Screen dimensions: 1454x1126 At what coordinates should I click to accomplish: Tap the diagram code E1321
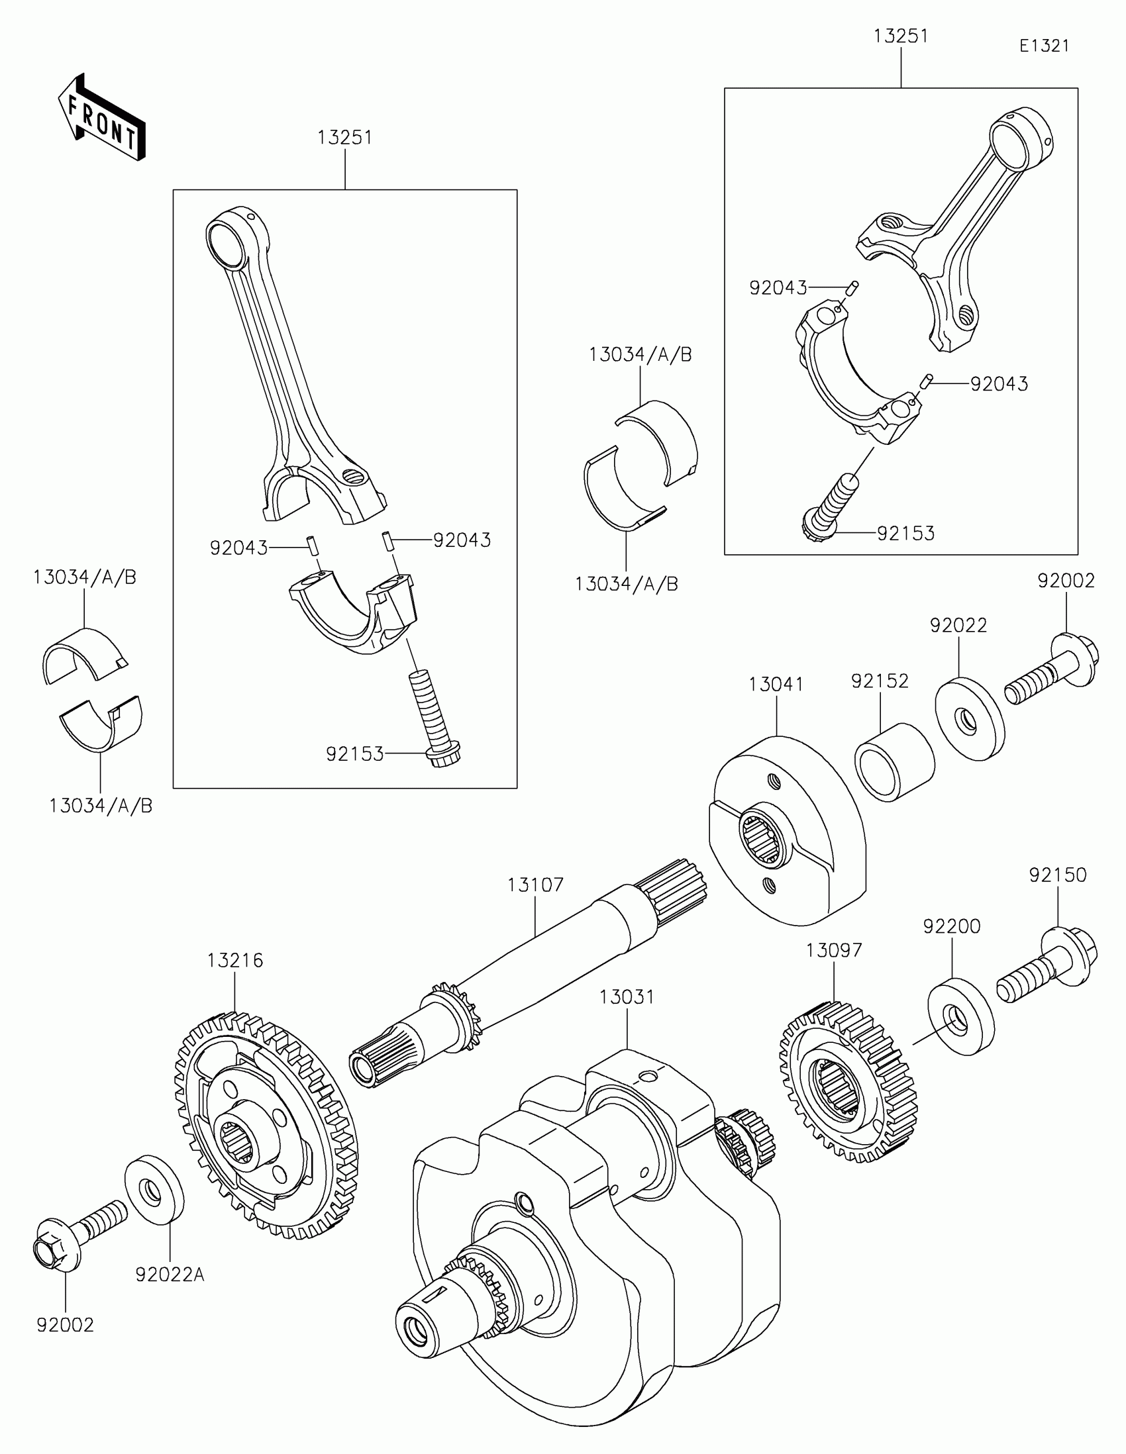point(1044,46)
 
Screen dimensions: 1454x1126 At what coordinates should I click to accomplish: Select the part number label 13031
point(627,996)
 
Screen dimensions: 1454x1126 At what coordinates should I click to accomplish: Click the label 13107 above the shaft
point(535,885)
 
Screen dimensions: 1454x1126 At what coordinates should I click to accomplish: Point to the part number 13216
point(235,960)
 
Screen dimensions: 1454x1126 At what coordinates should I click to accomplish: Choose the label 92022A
point(170,1275)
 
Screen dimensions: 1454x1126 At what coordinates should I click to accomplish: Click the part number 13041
point(776,685)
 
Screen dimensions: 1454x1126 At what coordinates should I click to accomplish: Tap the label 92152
point(880,681)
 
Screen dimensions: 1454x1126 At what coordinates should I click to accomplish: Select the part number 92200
point(952,926)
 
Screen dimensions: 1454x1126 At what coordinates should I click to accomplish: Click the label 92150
point(1057,875)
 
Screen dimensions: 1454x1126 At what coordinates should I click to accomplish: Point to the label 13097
point(834,950)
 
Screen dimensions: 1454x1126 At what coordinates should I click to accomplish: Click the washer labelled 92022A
point(154,1190)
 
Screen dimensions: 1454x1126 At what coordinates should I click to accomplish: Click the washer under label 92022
point(970,718)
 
